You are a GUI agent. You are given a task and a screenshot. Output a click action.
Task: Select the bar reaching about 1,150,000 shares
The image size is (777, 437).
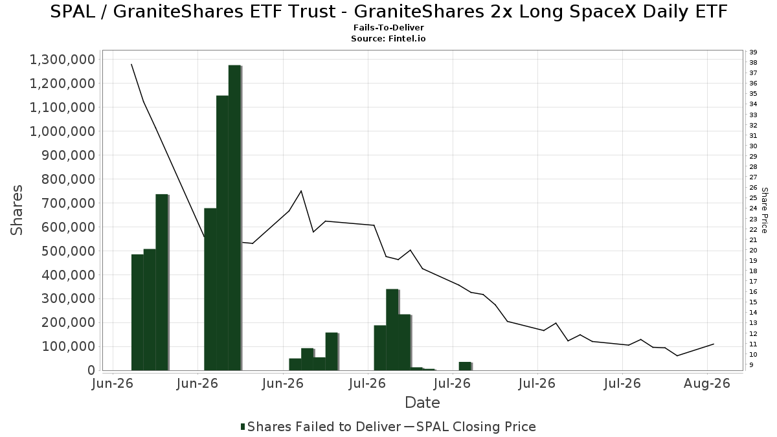pos(222,233)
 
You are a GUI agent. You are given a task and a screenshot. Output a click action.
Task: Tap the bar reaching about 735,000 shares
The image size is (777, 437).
pos(162,282)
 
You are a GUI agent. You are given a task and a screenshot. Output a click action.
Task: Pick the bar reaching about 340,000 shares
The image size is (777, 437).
pos(392,330)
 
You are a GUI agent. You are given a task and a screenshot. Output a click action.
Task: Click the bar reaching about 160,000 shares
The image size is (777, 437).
pos(332,352)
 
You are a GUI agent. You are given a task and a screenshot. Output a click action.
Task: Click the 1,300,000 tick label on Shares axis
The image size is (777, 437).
pos(62,60)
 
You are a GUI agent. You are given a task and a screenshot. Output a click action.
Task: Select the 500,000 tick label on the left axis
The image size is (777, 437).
pos(69,251)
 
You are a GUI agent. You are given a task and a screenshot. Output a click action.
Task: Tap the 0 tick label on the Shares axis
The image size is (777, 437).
pos(91,370)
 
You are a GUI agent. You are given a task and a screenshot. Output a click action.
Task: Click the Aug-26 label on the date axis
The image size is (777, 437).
pos(707,383)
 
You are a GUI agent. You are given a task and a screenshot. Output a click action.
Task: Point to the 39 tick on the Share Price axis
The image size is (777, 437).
pos(753,52)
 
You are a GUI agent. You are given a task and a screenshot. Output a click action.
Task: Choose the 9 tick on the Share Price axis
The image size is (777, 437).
pos(751,365)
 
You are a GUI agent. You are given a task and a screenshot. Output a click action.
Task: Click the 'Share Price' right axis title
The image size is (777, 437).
pos(764,210)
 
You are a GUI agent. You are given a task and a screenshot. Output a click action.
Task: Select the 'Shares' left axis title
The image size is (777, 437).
pos(17,210)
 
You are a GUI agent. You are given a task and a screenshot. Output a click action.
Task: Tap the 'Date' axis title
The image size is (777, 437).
pos(422,403)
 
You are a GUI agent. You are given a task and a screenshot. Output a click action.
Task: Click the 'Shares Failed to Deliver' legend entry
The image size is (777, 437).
pos(321,427)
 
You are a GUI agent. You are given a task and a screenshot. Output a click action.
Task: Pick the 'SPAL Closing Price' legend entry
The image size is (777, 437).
pos(470,427)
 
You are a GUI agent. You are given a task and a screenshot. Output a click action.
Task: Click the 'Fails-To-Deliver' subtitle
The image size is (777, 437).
pos(388,27)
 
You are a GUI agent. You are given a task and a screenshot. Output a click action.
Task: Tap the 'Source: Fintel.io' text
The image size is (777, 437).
pos(388,38)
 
